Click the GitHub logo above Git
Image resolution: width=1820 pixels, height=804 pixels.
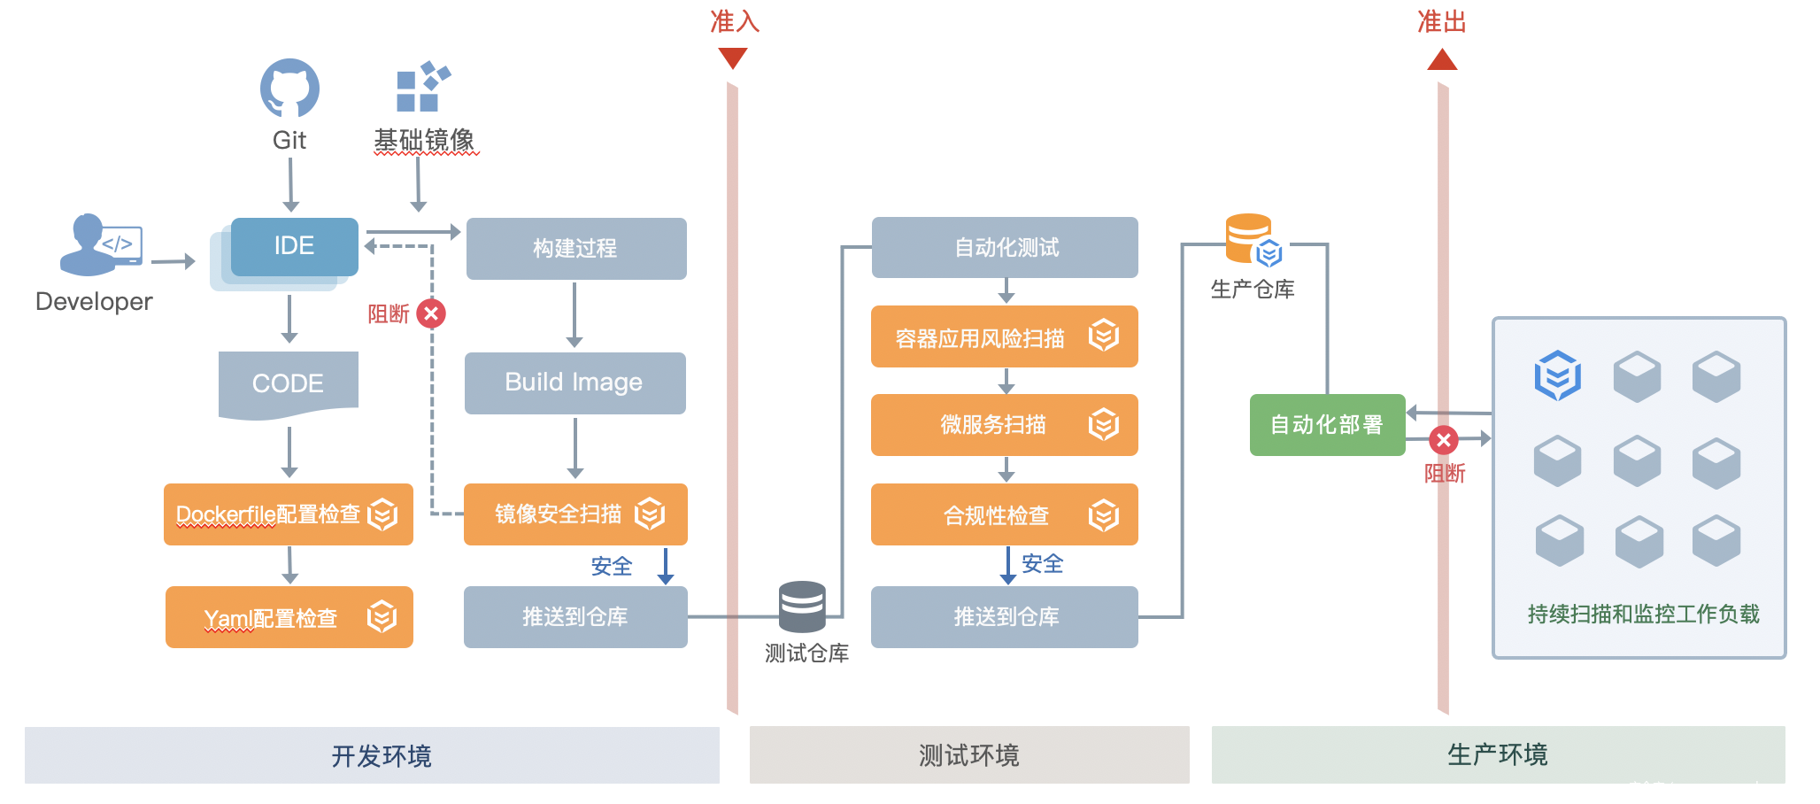pyautogui.click(x=289, y=89)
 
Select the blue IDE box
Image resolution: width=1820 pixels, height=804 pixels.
pyautogui.click(x=294, y=246)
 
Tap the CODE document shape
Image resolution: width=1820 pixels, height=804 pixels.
pyautogui.click(x=289, y=383)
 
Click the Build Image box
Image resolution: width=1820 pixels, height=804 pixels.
pyautogui.click(x=575, y=383)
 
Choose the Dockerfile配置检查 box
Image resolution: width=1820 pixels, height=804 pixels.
pyautogui.click(x=289, y=514)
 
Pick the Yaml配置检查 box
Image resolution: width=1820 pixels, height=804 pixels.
pyautogui.click(x=289, y=617)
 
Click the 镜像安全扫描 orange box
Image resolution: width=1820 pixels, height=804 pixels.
pyautogui.click(x=575, y=514)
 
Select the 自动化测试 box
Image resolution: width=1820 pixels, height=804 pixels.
pyautogui.click(x=1005, y=247)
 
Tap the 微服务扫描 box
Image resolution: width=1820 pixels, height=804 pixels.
pyautogui.click(x=1005, y=425)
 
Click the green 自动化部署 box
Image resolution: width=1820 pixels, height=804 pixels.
pyautogui.click(x=1327, y=425)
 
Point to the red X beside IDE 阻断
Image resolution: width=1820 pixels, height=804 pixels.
pyautogui.click(x=431, y=313)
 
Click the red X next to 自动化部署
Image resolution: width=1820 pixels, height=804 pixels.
pyautogui.click(x=1444, y=440)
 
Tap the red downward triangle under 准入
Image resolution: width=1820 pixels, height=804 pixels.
pyautogui.click(x=733, y=58)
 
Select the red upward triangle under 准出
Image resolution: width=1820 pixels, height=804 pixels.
pyautogui.click(x=1442, y=60)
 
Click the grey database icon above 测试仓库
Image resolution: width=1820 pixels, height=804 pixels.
pyautogui.click(x=802, y=607)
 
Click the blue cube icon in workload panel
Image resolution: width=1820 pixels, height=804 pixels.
pyautogui.click(x=1557, y=375)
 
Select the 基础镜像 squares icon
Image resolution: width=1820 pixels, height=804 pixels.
pyautogui.click(x=422, y=87)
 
